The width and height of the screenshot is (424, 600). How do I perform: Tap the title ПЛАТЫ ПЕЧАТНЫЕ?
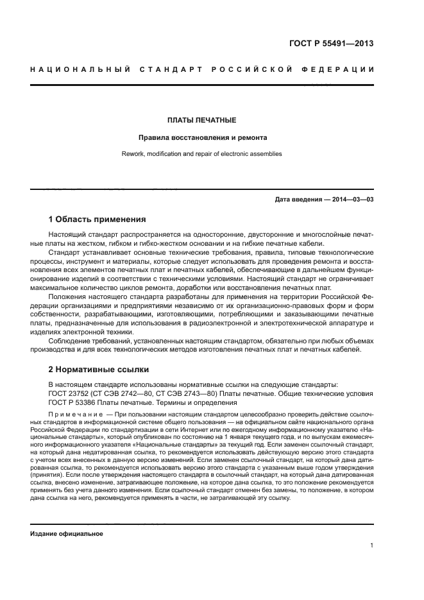(202, 120)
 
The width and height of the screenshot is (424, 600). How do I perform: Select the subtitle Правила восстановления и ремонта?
(202, 137)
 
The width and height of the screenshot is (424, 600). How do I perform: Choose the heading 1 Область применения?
(97, 219)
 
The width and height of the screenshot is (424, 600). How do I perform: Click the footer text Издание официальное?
(67, 534)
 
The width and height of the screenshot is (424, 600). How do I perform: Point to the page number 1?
(372, 546)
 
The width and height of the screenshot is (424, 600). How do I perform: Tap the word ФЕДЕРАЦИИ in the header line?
(340, 69)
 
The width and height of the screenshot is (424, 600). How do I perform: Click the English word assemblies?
(266, 154)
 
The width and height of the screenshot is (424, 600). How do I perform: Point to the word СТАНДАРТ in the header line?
(166, 69)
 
